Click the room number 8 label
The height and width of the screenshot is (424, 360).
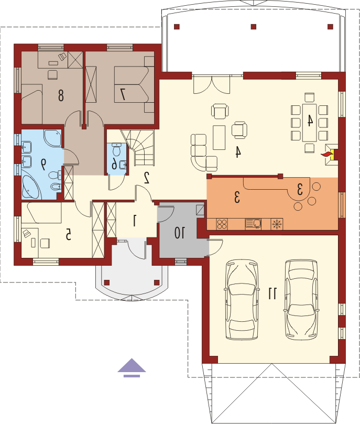point(61,95)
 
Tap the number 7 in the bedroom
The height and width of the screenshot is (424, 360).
point(123,94)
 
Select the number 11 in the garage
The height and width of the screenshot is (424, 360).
point(272,293)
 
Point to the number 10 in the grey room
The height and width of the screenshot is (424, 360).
point(179,233)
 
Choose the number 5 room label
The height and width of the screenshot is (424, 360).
point(68,234)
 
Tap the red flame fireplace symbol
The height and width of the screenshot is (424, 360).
point(327,155)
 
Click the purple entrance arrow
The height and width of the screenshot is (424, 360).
point(132,368)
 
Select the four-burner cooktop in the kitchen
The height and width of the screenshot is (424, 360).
point(222,224)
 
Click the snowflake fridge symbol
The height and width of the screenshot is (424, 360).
point(277,224)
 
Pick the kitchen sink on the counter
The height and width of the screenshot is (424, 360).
point(253,224)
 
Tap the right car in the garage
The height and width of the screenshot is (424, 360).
point(301,299)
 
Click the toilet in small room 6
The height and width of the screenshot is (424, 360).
point(116,149)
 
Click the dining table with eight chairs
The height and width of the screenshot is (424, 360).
point(309,123)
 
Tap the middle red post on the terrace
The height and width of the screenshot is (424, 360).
point(254,27)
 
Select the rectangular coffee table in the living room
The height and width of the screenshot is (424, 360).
point(219,137)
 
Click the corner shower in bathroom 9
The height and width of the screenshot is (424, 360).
point(53,138)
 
